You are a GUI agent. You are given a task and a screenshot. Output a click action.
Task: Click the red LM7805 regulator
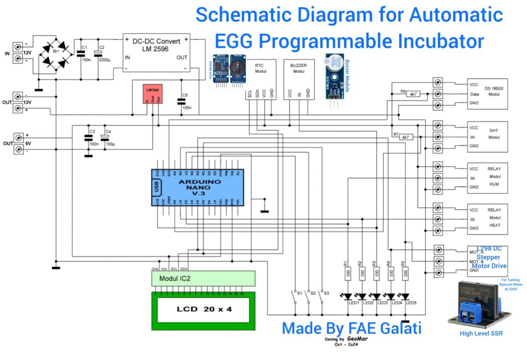coord(153,94)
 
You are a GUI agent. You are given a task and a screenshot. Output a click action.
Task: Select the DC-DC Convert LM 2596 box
coord(156,52)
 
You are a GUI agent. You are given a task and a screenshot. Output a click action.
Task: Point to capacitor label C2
coord(101,47)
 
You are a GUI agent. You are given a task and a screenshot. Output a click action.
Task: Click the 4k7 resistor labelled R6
coord(413,94)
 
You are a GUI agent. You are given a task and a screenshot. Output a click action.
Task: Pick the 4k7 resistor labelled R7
coord(405,137)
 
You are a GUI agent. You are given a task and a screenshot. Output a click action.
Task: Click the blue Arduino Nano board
coord(198,187)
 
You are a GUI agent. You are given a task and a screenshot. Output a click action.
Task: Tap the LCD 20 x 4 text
coord(204,309)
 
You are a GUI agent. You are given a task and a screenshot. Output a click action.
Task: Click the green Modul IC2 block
coord(203,278)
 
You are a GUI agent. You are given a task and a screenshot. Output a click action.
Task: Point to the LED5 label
coord(411,303)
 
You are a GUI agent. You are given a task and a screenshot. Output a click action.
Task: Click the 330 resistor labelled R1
coord(348,273)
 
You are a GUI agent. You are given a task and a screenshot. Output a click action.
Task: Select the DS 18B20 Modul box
coord(487,94)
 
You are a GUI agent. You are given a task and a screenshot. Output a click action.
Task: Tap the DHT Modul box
coord(487,137)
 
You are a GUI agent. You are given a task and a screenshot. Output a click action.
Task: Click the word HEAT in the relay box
coord(494,225)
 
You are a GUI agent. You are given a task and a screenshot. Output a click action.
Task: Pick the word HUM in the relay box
coord(494,184)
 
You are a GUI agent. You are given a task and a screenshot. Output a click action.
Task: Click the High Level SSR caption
coord(481,333)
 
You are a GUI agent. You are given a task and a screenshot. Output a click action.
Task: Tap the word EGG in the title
coord(234,42)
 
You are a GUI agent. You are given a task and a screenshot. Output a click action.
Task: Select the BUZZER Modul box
coord(299,79)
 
